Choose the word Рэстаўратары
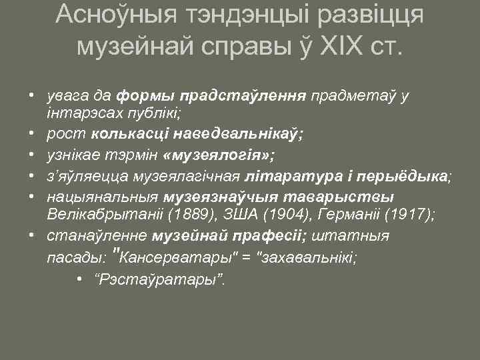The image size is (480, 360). point(161,278)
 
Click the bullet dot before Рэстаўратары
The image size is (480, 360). point(79,278)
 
